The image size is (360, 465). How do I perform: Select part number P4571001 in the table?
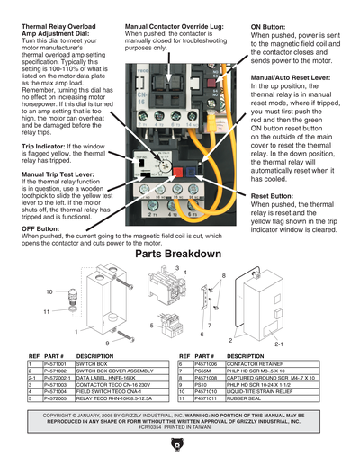(x=55, y=363)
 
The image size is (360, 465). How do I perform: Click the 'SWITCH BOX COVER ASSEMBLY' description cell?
(x=112, y=371)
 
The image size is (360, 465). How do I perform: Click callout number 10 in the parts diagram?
(x=49, y=291)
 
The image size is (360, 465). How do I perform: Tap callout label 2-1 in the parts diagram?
(x=253, y=344)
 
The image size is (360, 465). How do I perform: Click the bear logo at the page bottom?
(x=180, y=446)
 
